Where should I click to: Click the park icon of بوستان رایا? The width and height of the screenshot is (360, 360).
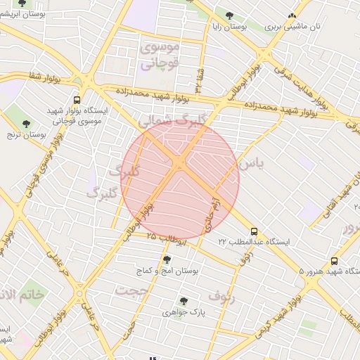click(230, 15)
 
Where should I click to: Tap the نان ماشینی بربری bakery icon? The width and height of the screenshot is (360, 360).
click(292, 15)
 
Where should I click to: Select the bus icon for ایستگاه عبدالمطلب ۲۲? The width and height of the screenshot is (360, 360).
click(254, 231)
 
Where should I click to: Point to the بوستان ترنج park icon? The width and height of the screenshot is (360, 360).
click(25, 124)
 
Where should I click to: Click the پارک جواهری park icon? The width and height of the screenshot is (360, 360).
click(183, 301)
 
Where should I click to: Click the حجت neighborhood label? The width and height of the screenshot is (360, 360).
click(131, 290)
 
